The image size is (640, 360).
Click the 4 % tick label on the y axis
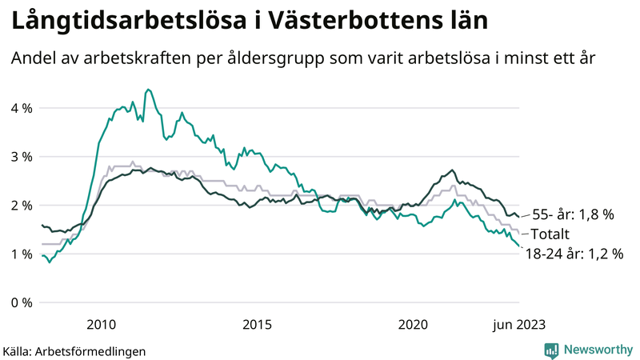[20, 108]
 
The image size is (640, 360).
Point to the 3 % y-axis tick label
[20, 157]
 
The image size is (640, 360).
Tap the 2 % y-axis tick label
[20, 206]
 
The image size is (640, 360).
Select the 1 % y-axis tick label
[20, 254]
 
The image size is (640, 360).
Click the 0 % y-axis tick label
[20, 302]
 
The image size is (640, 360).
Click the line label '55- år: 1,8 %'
[573, 214]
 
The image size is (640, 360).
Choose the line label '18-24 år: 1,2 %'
[574, 254]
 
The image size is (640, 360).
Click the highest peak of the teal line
[148, 90]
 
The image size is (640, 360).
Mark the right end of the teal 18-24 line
[519, 246]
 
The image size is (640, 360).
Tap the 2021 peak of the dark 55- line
[453, 170]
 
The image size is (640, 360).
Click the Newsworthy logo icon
[551, 350]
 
